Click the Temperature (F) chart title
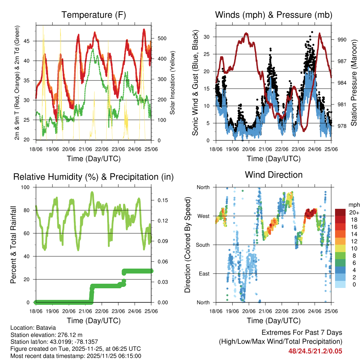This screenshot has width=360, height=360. pos(94,15)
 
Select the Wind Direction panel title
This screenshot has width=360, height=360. pos(274,174)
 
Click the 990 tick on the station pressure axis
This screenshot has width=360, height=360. pos(342,40)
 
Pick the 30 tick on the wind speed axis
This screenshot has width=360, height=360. pos(207,37)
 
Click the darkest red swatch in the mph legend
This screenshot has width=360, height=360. pos(340,213)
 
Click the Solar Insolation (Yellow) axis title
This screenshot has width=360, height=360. pos(173,83)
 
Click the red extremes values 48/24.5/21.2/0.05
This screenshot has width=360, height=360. pos(315,351)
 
